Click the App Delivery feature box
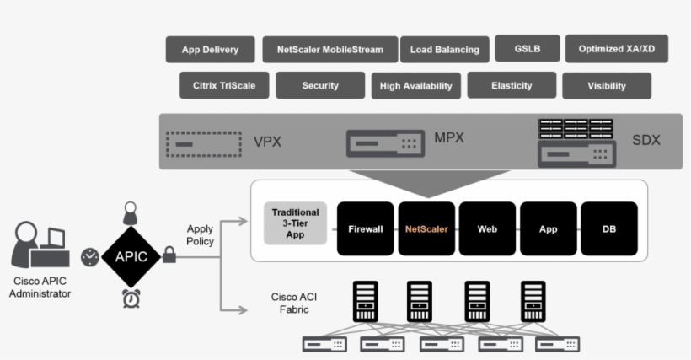click(210, 50)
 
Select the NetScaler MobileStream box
click(329, 50)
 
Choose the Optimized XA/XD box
click(616, 49)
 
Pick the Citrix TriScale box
click(223, 85)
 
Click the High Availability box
click(415, 86)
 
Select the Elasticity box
click(512, 85)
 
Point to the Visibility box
click(606, 86)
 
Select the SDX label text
click(646, 140)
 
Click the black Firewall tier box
click(366, 228)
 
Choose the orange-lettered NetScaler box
click(426, 228)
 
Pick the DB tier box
click(608, 228)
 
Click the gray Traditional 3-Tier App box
click(295, 223)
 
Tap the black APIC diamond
click(131, 257)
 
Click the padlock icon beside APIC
click(169, 254)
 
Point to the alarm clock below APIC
click(131, 298)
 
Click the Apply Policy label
click(201, 235)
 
